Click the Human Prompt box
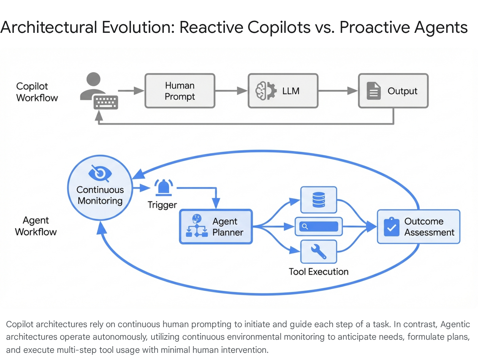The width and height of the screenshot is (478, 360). (180, 91)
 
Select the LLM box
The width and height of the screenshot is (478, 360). (283, 91)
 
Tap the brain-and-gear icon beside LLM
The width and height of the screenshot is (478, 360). (266, 91)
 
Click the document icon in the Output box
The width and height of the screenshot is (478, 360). (373, 91)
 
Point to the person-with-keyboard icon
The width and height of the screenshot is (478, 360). (99, 91)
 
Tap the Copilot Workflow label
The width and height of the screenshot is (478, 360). (36, 92)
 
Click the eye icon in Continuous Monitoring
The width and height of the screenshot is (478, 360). (100, 173)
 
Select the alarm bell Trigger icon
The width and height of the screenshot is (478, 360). (163, 187)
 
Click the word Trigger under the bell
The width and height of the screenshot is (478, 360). (162, 205)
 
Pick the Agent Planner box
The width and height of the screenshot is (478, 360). (216, 227)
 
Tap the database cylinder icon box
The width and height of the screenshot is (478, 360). (318, 200)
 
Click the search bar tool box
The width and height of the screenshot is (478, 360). (318, 227)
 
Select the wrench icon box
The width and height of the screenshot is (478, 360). (318, 252)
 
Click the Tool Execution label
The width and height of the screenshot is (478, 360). (318, 272)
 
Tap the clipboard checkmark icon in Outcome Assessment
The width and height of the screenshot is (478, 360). (391, 227)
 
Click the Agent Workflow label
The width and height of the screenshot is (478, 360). (36, 226)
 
